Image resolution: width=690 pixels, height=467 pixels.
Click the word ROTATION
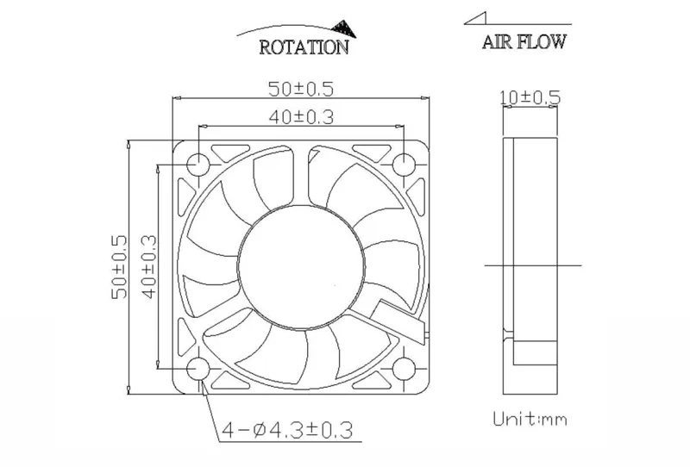coord(304,47)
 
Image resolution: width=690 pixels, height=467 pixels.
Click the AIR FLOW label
coord(524,41)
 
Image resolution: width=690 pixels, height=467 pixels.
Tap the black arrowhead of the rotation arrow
coord(344,28)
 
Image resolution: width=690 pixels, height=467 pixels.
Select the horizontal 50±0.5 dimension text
coord(301,90)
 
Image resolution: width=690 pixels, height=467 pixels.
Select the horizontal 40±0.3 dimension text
coord(301,117)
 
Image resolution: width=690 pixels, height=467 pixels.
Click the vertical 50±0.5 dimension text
coord(119,267)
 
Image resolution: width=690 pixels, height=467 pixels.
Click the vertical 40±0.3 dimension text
coord(149,267)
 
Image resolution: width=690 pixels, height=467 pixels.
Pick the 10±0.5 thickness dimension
coord(530,97)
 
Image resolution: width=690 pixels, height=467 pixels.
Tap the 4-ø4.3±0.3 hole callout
coord(287,430)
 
